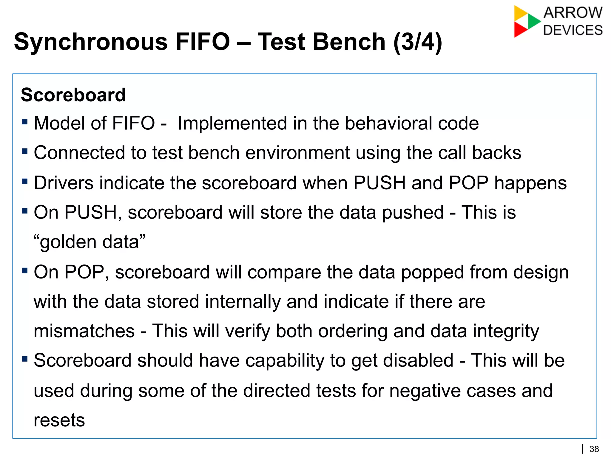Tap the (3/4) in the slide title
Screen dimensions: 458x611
(x=417, y=42)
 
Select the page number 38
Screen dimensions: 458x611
(x=594, y=449)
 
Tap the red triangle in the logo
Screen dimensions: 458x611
(x=520, y=30)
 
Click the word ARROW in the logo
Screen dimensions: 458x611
(x=573, y=13)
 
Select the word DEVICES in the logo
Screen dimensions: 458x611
(x=573, y=30)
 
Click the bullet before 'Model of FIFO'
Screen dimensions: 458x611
(x=25, y=122)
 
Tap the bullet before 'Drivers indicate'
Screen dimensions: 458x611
(x=25, y=181)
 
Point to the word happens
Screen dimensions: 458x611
(x=530, y=183)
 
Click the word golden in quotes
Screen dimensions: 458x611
(x=68, y=242)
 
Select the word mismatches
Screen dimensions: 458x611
(x=84, y=331)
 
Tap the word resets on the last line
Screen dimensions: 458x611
(x=59, y=420)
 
